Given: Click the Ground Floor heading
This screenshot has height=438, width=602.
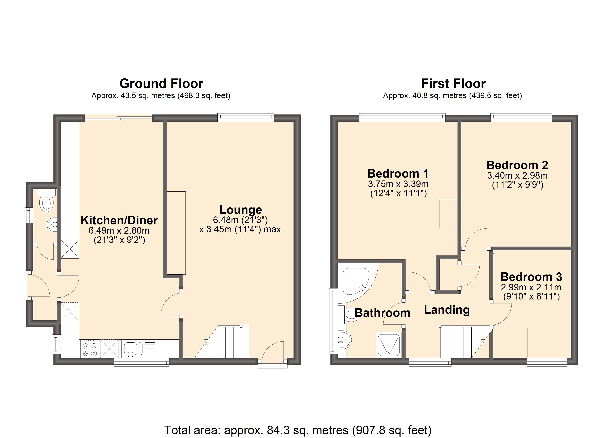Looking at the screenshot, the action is click(161, 84).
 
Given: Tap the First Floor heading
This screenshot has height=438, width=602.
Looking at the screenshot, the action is click(453, 84).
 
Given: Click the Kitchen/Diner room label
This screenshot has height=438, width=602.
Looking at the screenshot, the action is click(119, 220).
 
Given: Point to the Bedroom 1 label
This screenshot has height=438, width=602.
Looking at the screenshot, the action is click(398, 174).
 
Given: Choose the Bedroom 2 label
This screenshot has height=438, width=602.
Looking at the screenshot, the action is click(517, 165).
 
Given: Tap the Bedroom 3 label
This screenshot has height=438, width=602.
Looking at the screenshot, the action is click(531, 277).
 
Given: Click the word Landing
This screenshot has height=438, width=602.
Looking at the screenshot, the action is click(447, 310).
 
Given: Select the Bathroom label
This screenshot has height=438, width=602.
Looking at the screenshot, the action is click(383, 313).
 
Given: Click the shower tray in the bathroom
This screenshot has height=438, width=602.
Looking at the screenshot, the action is click(389, 345).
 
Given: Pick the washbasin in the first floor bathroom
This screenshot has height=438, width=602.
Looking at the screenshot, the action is click(345, 340).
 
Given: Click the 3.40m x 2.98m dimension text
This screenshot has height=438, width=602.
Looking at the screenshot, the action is click(517, 176).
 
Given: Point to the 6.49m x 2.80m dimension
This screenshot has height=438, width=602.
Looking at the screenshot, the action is click(119, 230).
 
